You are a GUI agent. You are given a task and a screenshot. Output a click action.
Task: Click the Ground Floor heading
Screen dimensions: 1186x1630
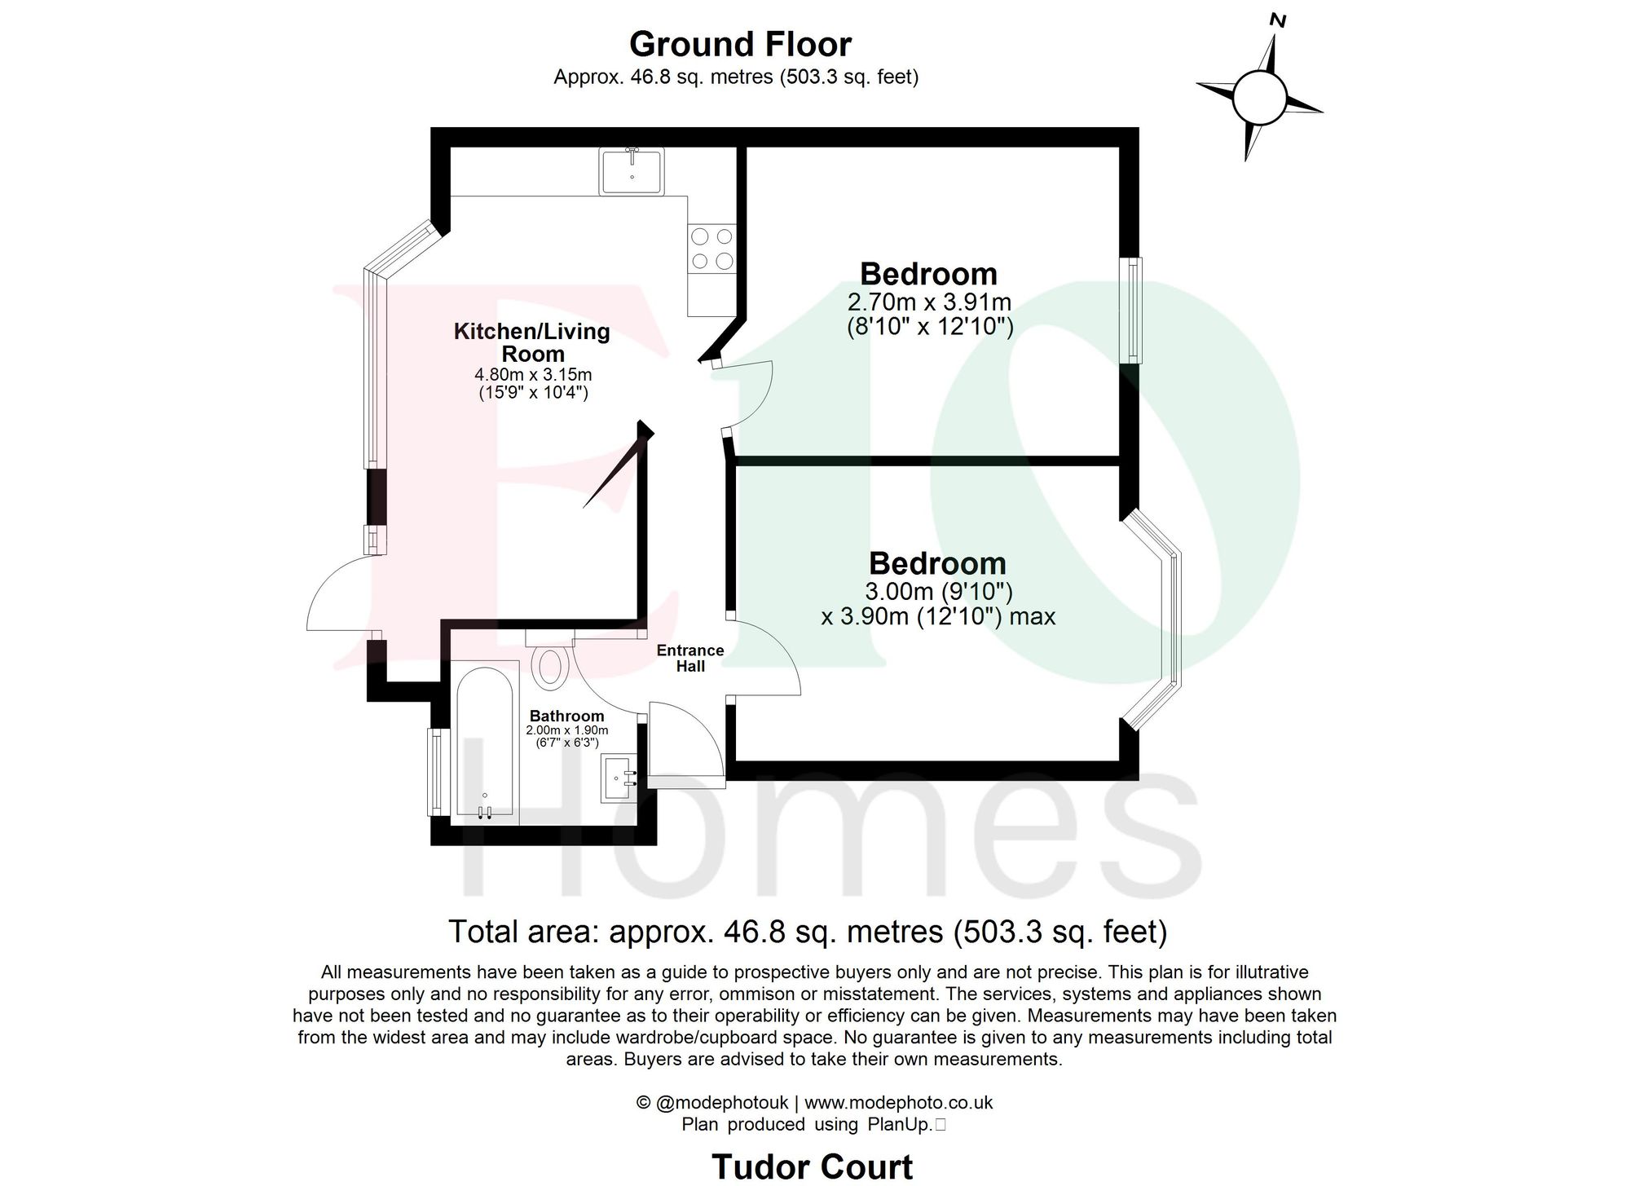tap(740, 44)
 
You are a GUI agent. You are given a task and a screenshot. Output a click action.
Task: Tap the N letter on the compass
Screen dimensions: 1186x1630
tap(1277, 20)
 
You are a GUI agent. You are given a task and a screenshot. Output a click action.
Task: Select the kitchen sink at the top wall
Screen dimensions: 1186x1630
tap(632, 170)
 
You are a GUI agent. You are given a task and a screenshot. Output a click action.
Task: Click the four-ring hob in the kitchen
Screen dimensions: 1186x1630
tap(711, 249)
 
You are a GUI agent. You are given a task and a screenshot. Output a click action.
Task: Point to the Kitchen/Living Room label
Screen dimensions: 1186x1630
tap(532, 342)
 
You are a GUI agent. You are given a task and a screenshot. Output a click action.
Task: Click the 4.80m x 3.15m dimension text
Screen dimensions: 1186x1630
tap(533, 375)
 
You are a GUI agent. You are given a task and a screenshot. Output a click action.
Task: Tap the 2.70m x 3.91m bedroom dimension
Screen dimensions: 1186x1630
tap(929, 302)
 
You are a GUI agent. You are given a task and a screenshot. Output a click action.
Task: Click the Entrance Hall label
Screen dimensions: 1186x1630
tap(690, 658)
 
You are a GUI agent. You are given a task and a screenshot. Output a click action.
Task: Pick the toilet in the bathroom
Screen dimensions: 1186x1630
tap(551, 665)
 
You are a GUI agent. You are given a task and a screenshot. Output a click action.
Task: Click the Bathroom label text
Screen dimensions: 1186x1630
tap(566, 716)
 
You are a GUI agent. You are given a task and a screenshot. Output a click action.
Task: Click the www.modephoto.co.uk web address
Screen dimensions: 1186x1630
tap(898, 1103)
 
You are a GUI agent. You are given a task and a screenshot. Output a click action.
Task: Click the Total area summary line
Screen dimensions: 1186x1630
tap(808, 931)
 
